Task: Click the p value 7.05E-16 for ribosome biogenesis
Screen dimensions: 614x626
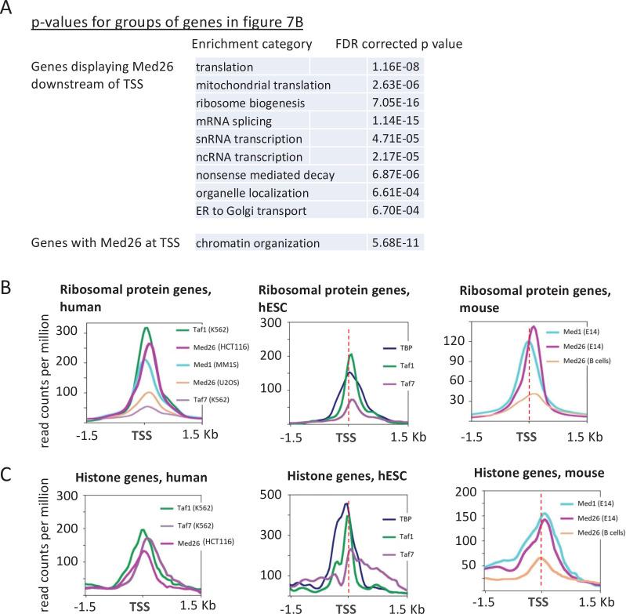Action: (395, 103)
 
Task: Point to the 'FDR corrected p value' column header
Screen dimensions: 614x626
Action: (397, 44)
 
